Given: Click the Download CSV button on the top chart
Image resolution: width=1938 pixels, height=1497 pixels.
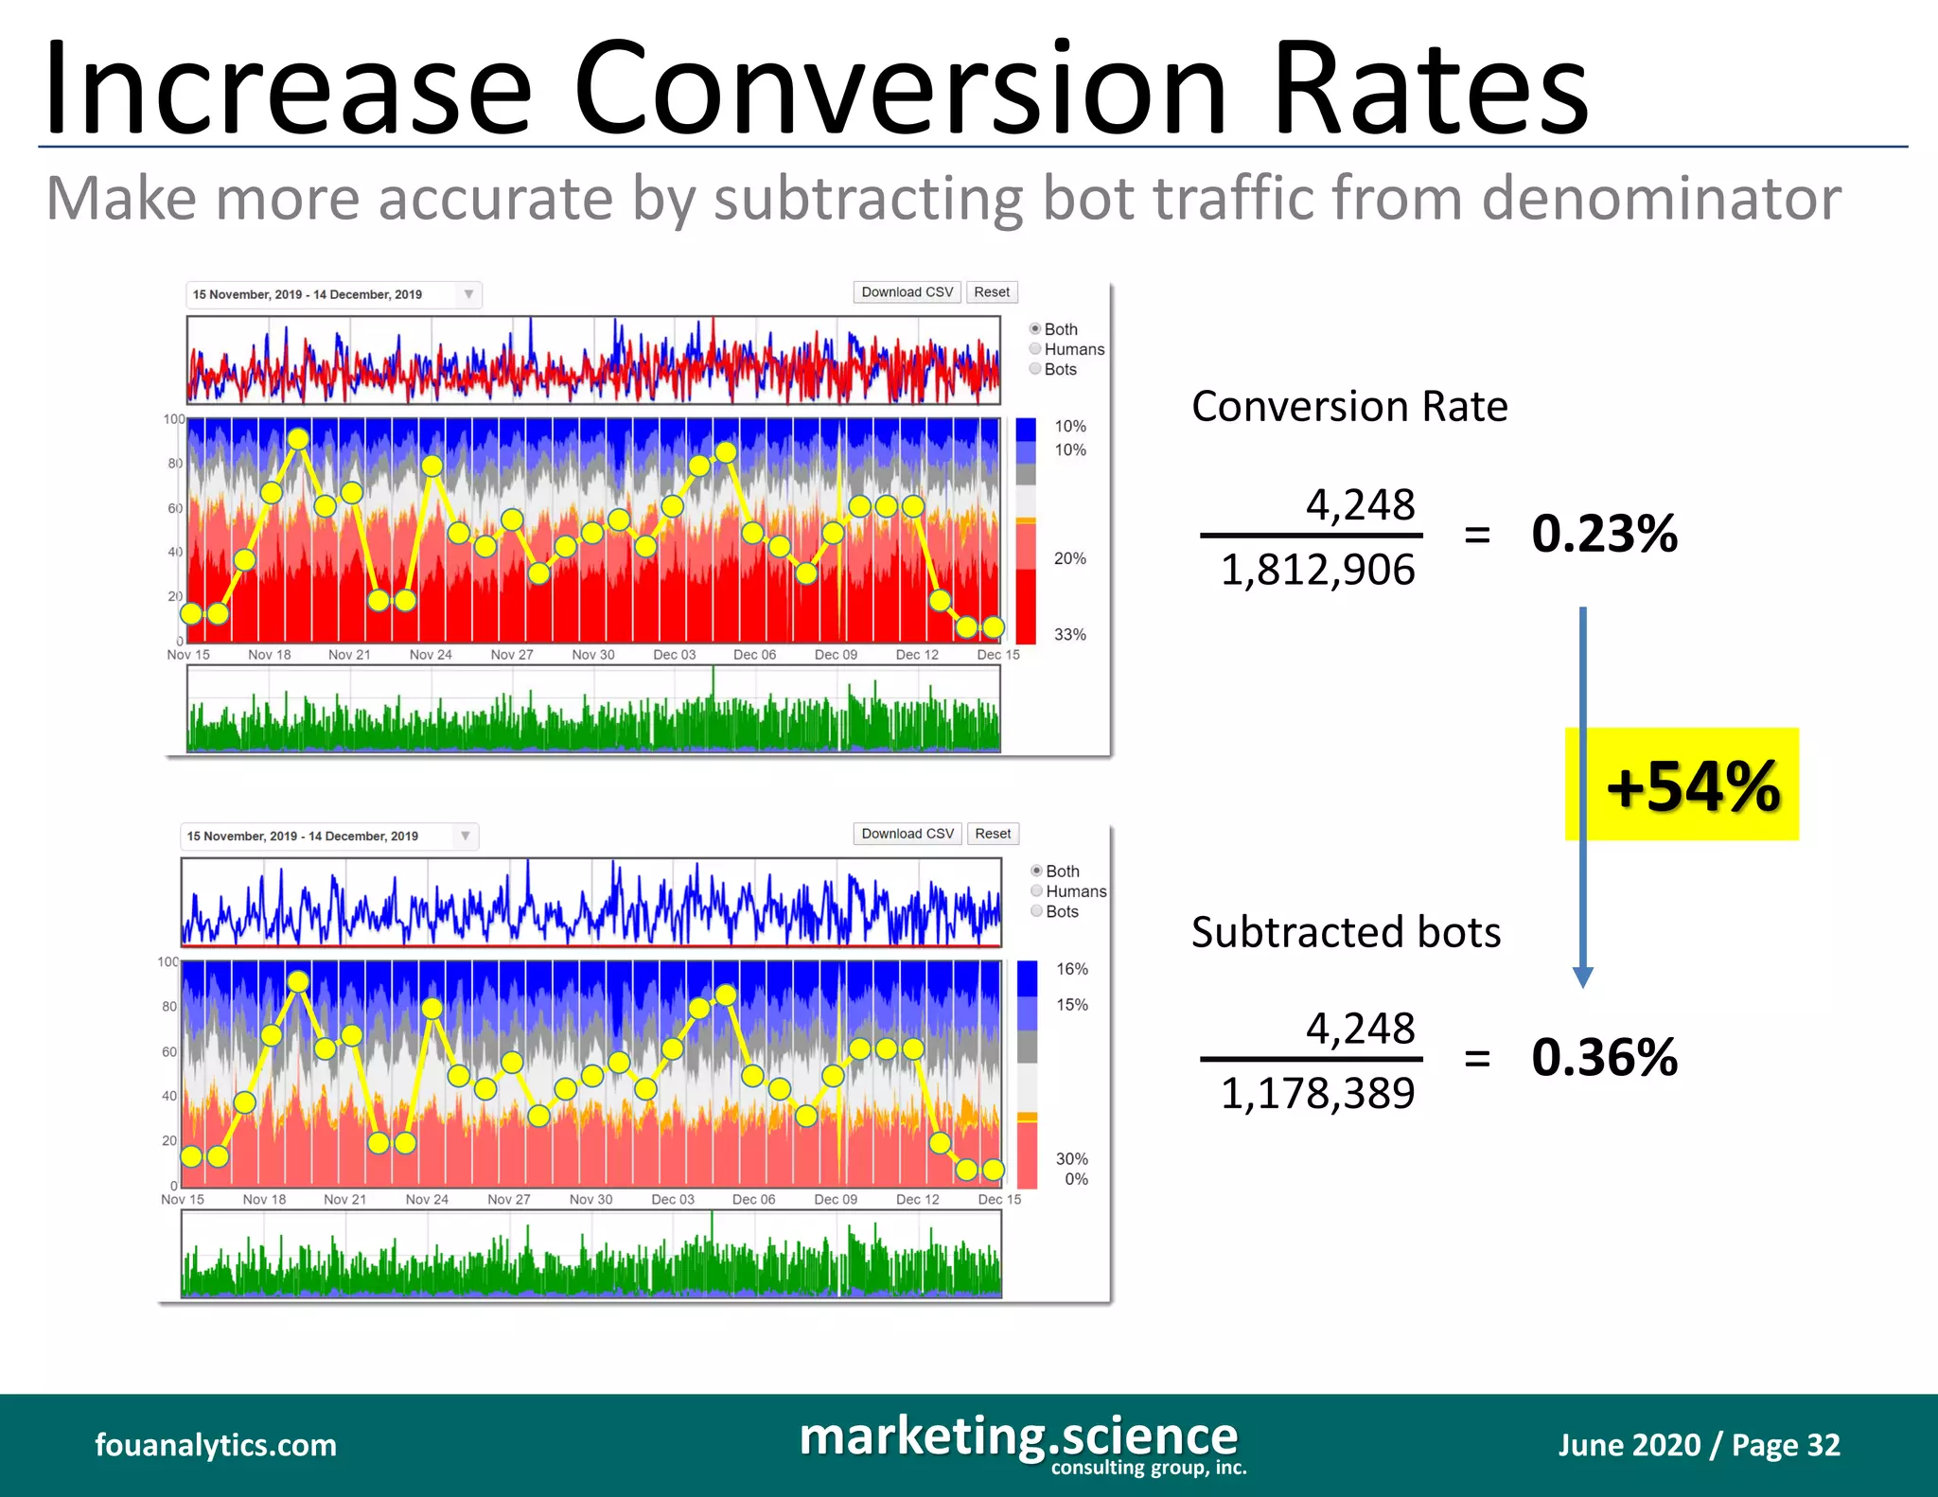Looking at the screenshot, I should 907,292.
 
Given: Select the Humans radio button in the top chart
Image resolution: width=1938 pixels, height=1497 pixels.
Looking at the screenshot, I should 1035,349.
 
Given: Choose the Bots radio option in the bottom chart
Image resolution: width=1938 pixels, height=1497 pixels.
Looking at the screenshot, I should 1037,911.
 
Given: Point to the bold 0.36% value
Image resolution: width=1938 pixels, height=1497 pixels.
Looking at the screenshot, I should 1604,1057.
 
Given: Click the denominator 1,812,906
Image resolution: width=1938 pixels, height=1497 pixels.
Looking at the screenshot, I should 1317,571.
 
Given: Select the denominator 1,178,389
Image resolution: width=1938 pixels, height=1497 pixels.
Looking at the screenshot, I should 1317,1094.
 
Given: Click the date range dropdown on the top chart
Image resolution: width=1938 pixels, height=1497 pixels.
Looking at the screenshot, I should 333,294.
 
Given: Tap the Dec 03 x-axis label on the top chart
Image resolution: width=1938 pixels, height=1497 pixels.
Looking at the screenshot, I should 674,655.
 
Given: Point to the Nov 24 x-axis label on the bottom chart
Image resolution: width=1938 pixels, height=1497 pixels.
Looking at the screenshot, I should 427,1199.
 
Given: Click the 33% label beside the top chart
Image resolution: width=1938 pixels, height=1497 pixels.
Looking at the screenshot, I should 1069,634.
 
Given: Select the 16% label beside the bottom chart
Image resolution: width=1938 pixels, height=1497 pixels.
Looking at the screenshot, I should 1071,969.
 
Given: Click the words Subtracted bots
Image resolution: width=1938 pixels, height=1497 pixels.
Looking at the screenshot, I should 1346,932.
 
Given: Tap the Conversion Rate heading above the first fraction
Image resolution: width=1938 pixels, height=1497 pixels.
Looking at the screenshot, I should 1349,407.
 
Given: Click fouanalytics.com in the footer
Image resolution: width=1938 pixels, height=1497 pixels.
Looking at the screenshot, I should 216,1445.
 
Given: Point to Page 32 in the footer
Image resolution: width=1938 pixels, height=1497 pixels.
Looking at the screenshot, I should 1786,1445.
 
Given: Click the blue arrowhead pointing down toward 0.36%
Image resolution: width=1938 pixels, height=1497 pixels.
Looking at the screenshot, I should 1583,977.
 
